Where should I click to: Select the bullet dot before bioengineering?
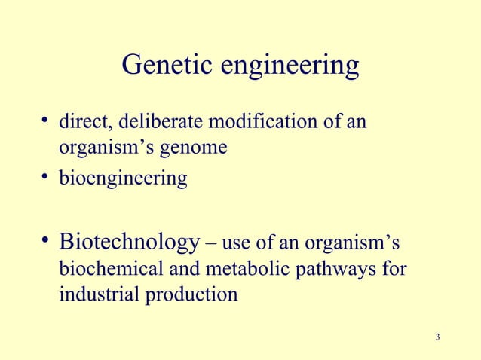pyautogui.click(x=46, y=178)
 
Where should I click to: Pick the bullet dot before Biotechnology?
pyautogui.click(x=47, y=241)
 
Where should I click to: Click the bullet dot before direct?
pyautogui.click(x=46, y=119)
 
